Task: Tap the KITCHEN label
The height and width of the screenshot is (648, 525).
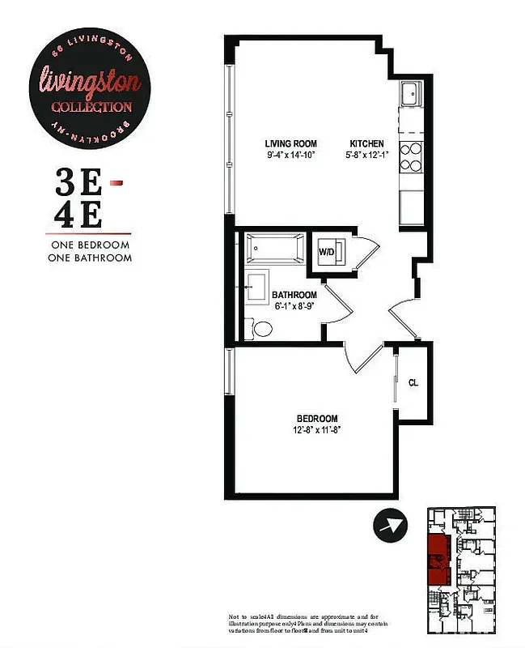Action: tap(366, 143)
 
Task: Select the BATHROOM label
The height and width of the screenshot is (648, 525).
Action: tap(294, 295)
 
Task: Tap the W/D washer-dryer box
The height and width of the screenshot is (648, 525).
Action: tap(328, 252)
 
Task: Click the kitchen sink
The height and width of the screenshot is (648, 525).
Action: tap(409, 94)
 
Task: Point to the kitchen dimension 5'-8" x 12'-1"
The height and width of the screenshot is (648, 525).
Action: tap(366, 155)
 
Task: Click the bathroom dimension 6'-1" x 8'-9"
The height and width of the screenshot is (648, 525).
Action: tap(294, 306)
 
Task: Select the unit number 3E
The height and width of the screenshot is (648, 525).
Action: tap(79, 184)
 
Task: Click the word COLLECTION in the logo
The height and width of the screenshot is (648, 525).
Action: tap(91, 107)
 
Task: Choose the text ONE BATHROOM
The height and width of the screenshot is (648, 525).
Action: tap(91, 258)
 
